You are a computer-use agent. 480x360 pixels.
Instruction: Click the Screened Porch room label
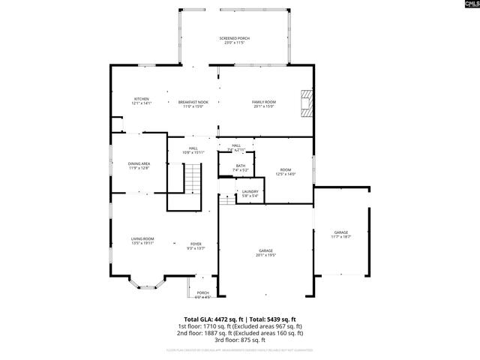tap(235, 40)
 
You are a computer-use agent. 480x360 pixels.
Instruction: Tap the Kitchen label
tap(141, 101)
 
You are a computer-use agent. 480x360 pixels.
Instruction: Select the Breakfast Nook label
tap(193, 104)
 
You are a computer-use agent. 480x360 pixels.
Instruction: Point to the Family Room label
tap(264, 104)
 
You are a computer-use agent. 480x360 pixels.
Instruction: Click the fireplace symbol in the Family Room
tap(304, 103)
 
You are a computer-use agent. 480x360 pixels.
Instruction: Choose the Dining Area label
tap(139, 166)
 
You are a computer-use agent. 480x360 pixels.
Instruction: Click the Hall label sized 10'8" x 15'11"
tap(193, 150)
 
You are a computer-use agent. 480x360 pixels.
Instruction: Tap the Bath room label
tap(240, 168)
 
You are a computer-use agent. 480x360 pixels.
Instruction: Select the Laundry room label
tap(250, 193)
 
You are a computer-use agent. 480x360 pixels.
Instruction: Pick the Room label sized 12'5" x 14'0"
tap(285, 172)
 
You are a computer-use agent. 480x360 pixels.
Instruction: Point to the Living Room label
tap(142, 241)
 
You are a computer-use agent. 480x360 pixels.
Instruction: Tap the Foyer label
tap(195, 245)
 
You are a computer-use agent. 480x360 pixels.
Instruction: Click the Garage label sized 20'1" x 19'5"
tap(265, 253)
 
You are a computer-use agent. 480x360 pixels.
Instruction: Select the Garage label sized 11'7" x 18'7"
tap(341, 235)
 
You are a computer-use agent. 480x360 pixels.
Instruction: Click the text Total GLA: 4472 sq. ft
tap(210, 319)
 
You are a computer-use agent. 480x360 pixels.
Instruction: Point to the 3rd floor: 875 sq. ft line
tap(240, 339)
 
